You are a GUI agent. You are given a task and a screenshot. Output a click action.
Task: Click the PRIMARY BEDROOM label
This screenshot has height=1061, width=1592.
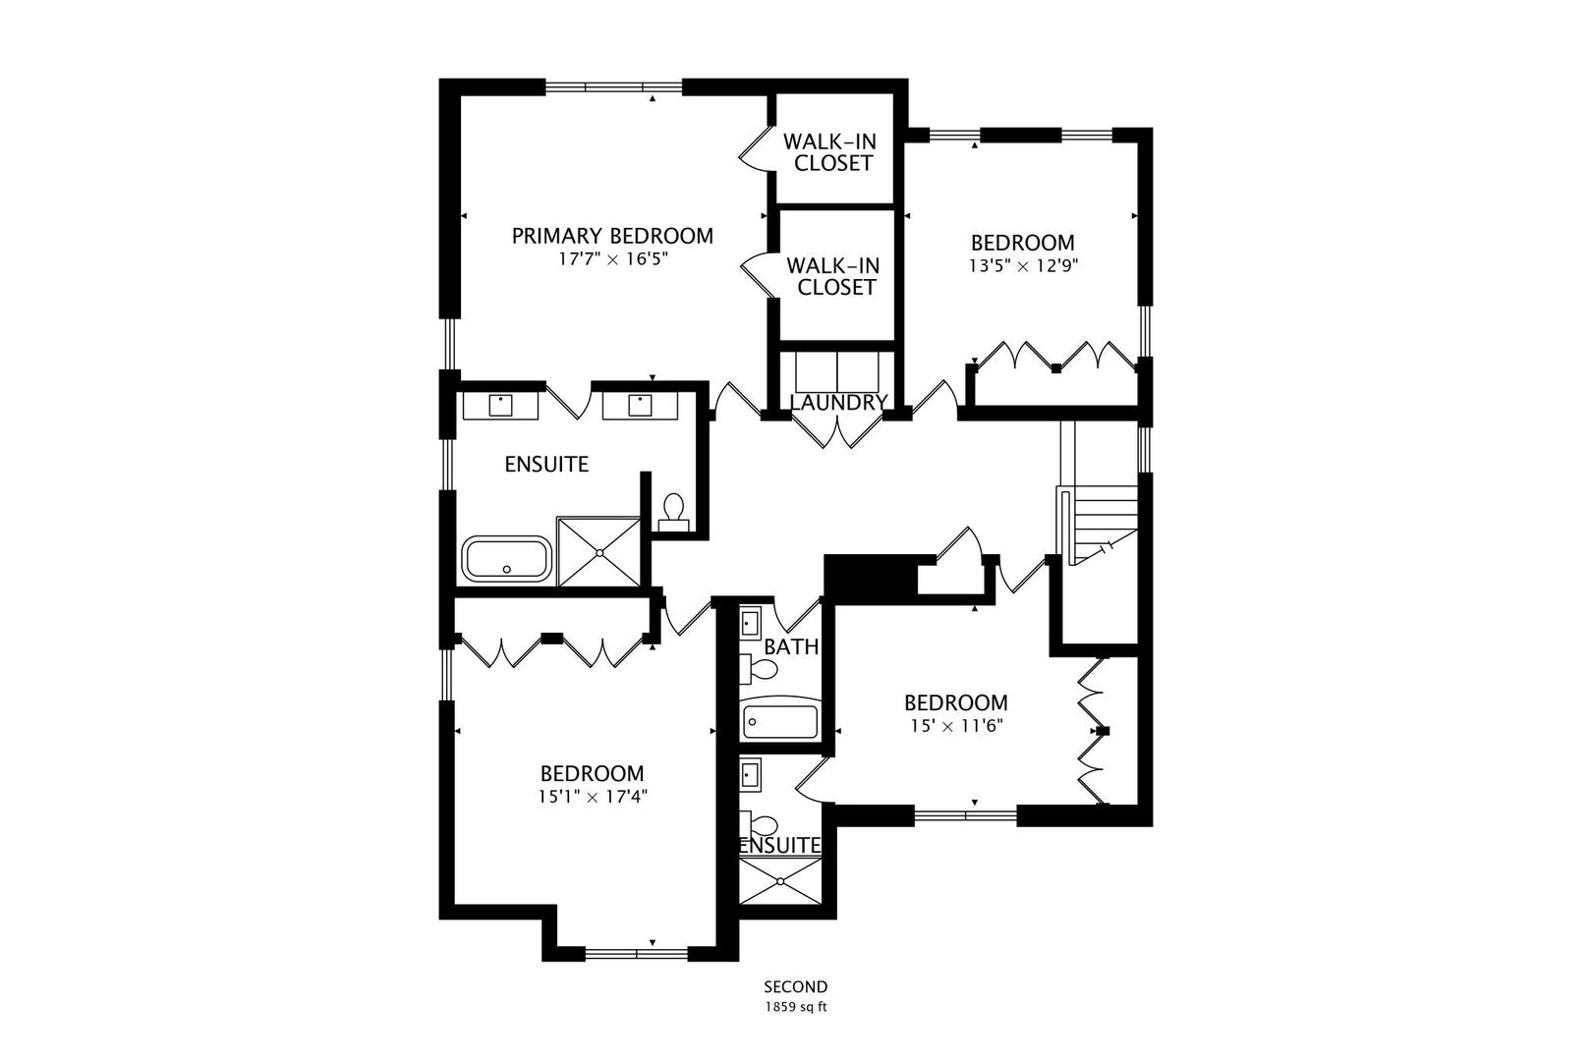point(612,236)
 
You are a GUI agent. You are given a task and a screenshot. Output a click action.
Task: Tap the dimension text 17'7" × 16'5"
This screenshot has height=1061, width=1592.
point(612,259)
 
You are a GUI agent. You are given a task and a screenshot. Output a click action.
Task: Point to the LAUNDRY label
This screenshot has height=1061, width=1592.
point(838,403)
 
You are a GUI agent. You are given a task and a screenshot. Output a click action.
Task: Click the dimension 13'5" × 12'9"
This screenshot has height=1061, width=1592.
point(1022,264)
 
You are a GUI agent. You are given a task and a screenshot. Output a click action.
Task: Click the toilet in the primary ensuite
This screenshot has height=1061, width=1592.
point(674,509)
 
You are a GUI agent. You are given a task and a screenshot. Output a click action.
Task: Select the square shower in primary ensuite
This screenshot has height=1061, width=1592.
point(598,552)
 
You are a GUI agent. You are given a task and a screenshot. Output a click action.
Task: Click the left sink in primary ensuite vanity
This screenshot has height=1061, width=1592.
point(501,405)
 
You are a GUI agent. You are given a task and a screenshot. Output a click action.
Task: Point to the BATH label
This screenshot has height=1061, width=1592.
point(791,647)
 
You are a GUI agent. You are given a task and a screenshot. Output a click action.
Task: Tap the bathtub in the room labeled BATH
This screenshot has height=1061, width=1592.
point(780,722)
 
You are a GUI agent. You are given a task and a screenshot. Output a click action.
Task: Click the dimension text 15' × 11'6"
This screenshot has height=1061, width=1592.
point(955,726)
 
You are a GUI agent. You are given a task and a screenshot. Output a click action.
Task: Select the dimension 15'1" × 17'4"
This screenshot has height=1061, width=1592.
point(592,797)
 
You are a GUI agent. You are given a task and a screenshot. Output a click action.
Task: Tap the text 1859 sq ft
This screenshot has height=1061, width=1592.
point(796,1007)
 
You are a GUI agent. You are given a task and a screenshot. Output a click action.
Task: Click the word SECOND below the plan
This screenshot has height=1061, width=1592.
point(796,987)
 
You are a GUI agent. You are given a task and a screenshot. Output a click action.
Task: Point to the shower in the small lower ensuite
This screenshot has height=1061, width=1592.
point(780,881)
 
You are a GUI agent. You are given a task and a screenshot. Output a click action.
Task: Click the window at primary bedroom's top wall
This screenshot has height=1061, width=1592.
point(613,87)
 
